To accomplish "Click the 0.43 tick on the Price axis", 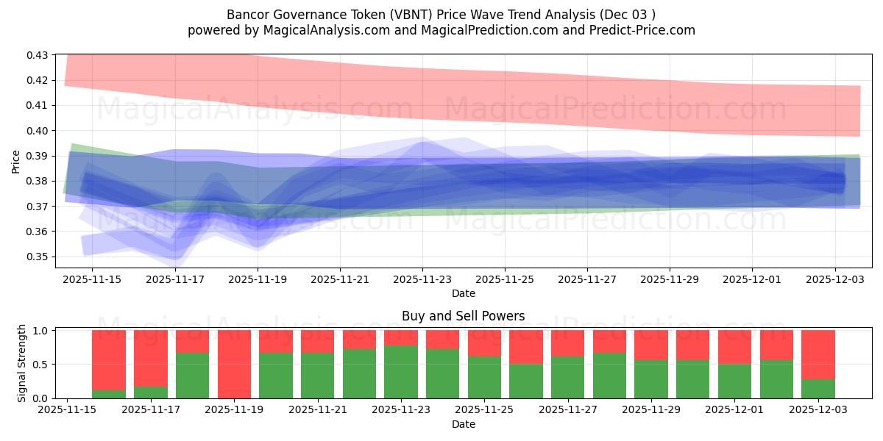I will click(38, 55).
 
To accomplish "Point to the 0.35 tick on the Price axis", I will click(38, 257).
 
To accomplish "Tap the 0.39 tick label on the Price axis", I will click(38, 156).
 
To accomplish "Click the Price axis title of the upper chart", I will click(15, 160).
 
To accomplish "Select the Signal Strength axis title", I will click(22, 363).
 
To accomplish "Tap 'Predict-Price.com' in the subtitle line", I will click(645, 30).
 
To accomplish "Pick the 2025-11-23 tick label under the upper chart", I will click(422, 280).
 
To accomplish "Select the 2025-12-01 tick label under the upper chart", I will click(752, 280).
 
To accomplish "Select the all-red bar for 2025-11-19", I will click(234, 364).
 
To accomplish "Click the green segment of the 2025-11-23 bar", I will click(401, 372).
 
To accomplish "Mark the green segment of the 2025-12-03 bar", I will click(818, 389).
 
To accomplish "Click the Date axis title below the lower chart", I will click(463, 424).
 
